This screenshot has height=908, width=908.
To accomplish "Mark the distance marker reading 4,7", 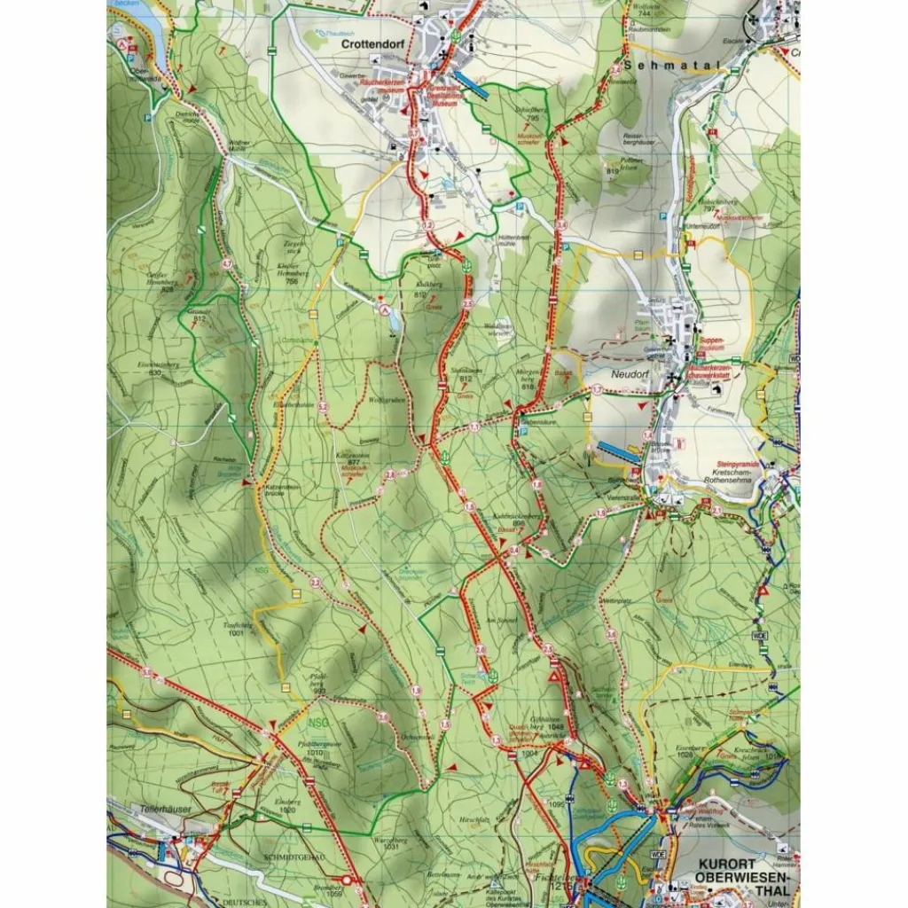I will click(227, 263).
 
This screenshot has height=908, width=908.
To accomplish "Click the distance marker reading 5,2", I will click(323, 406).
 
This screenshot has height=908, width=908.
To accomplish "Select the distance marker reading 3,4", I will click(560, 227).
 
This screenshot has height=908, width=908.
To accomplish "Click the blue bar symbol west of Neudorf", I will click(617, 450).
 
